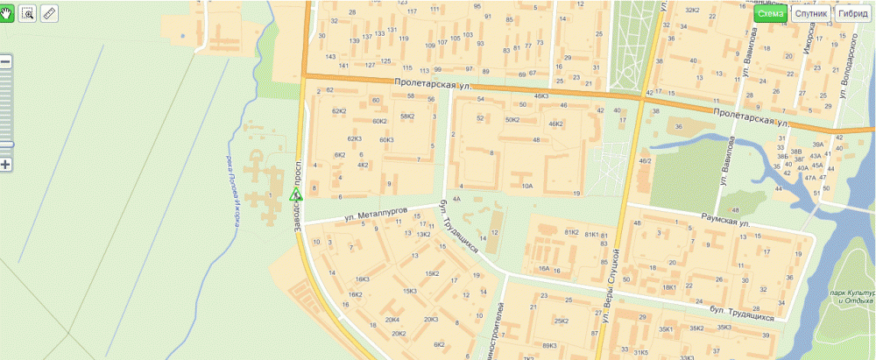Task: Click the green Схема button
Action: click(771, 14)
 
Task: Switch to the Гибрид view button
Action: click(853, 14)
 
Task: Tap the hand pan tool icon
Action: click(6, 14)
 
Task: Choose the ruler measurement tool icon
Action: click(49, 14)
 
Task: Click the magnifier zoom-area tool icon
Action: click(28, 14)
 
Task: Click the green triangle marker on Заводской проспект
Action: click(296, 194)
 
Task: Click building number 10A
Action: click(526, 186)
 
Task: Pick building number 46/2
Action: click(645, 161)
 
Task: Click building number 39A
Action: click(818, 144)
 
